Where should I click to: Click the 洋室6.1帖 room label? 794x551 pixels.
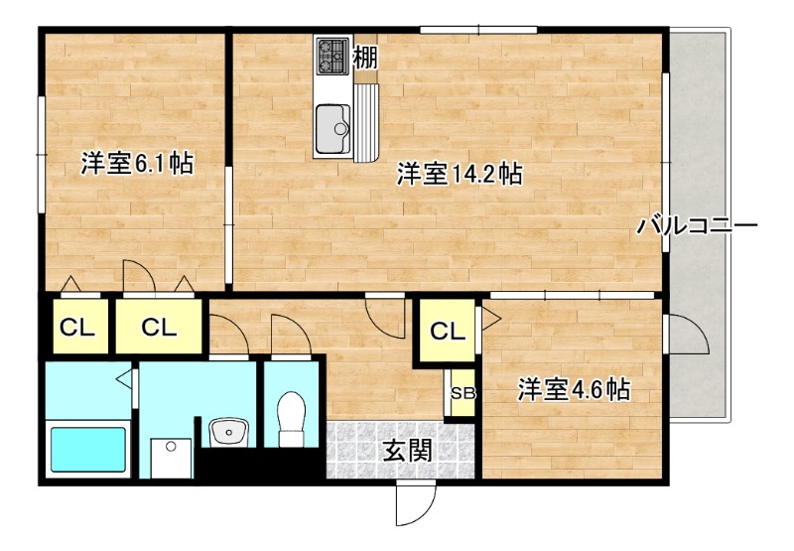click(136, 164)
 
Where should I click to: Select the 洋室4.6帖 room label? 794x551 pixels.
click(573, 389)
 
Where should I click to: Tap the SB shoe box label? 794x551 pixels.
click(463, 393)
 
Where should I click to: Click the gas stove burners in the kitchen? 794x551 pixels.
click(332, 56)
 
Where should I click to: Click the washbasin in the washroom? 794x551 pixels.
click(229, 431)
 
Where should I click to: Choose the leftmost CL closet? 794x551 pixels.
click(74, 327)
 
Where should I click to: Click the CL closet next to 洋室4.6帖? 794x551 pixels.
click(449, 332)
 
